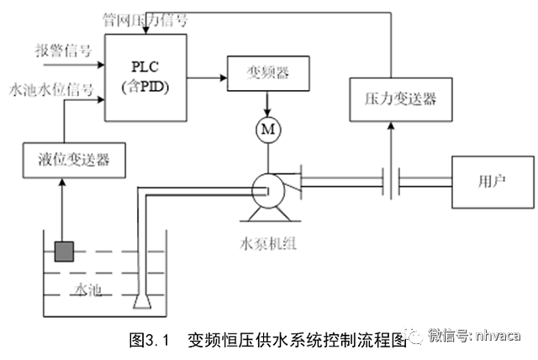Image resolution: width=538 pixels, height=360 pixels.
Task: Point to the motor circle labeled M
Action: point(267,129)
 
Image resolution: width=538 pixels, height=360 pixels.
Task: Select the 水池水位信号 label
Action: point(50,87)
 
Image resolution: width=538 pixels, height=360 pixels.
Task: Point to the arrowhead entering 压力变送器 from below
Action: point(388,127)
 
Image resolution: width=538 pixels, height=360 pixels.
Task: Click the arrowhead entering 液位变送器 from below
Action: point(65,183)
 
